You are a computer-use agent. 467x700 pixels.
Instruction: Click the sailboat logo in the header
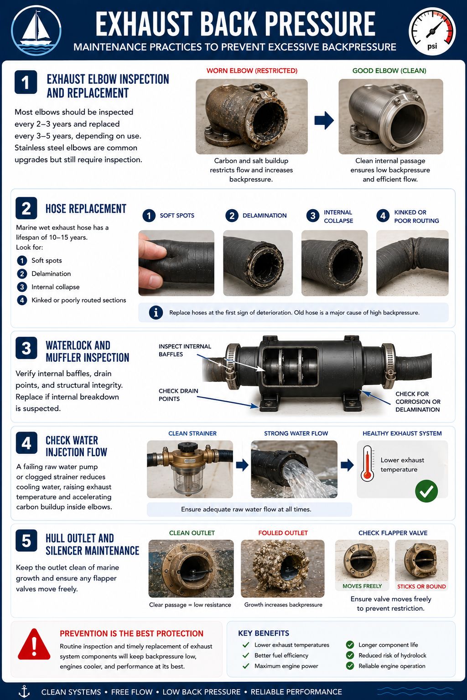(x=36, y=31)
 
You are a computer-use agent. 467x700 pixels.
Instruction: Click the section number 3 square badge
(x=26, y=348)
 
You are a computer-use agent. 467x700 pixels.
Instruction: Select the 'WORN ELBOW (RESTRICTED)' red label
(x=252, y=71)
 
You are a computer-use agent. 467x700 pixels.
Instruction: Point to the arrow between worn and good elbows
(x=324, y=120)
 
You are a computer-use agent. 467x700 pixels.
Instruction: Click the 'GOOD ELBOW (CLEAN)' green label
(x=389, y=71)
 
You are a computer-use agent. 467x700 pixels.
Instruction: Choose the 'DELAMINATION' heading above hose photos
(x=265, y=216)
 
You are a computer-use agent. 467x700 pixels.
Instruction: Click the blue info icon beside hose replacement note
(x=156, y=313)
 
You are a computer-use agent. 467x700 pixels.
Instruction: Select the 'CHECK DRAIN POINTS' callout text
(x=178, y=395)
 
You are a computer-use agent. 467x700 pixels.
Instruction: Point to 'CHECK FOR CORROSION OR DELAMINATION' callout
(x=418, y=401)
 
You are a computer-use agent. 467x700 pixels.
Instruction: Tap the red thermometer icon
(x=367, y=463)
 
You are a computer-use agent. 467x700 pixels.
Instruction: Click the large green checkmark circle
(x=426, y=491)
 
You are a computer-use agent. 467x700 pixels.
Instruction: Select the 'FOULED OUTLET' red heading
(x=283, y=533)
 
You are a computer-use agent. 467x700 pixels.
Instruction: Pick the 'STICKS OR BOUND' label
(x=421, y=587)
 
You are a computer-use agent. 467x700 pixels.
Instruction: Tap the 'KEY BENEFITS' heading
(x=264, y=633)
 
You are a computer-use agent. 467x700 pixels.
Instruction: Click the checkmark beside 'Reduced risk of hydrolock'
(x=350, y=655)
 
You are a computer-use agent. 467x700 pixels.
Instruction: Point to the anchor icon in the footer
(x=24, y=691)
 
